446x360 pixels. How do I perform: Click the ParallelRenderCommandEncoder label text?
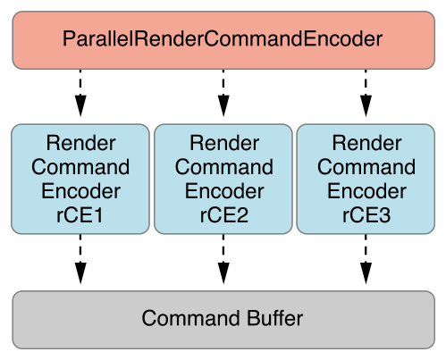223,38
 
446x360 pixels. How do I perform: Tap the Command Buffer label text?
223,318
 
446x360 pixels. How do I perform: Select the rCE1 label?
80,215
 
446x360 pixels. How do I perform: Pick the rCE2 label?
224,215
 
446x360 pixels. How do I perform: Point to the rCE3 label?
366,215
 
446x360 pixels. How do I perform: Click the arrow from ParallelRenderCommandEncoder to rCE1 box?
80,93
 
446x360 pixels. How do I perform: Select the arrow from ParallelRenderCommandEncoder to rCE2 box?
223,93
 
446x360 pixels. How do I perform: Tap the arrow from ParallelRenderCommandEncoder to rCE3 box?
366,93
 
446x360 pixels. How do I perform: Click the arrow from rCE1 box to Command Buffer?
80,259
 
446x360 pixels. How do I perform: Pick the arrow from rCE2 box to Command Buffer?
223,259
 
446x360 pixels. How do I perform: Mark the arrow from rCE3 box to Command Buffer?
366,259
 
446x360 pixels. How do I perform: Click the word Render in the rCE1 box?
80,143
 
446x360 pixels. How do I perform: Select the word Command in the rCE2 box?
224,167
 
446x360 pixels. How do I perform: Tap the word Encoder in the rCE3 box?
366,191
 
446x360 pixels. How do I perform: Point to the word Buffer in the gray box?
274,318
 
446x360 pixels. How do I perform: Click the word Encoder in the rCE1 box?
80,191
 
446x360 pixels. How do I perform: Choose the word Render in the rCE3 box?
366,143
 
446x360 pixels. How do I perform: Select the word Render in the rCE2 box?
224,143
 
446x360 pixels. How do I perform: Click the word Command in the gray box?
190,318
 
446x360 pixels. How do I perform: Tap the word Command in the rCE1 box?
80,167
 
